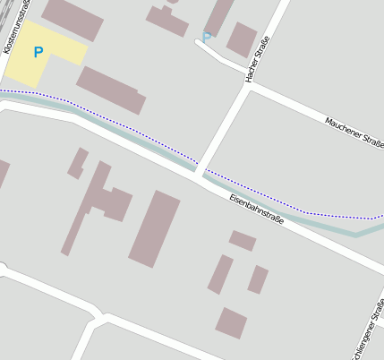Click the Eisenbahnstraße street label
(256, 208)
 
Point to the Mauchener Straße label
(354, 133)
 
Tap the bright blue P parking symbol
(38, 53)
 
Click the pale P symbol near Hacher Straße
(207, 38)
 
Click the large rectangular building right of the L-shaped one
(154, 228)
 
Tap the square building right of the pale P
(242, 39)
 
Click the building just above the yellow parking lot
(73, 19)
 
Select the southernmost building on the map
(231, 322)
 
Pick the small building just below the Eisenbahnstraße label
(243, 240)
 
